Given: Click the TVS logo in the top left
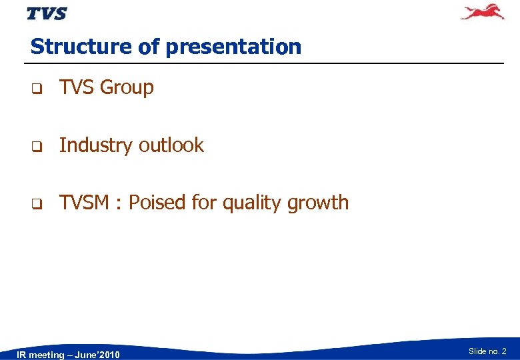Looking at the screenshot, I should click(47, 13).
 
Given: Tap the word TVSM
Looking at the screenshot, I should click(84, 203).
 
